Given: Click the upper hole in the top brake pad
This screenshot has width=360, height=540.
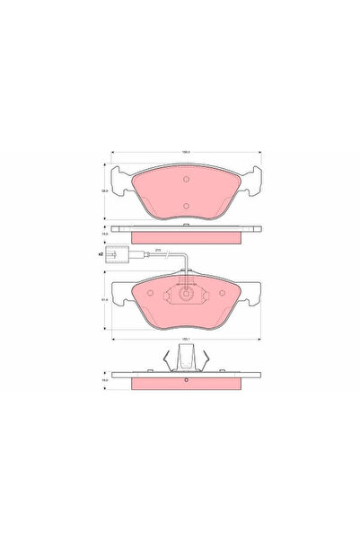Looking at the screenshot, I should [185, 179].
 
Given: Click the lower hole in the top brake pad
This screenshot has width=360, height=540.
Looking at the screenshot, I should [185, 206].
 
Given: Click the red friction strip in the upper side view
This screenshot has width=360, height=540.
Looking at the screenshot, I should [186, 237].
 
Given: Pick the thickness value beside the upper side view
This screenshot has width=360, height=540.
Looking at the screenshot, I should [104, 234].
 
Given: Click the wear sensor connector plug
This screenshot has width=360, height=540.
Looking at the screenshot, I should [114, 256].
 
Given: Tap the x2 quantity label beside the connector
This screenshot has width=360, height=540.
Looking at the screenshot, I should [101, 256].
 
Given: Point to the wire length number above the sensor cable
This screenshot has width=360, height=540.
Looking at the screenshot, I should [159, 250].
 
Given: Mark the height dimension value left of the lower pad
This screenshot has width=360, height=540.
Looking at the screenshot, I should [104, 300].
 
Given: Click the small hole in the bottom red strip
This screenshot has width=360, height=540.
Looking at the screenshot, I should [186, 380].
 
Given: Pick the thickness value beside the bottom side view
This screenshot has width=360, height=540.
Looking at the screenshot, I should [104, 381].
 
